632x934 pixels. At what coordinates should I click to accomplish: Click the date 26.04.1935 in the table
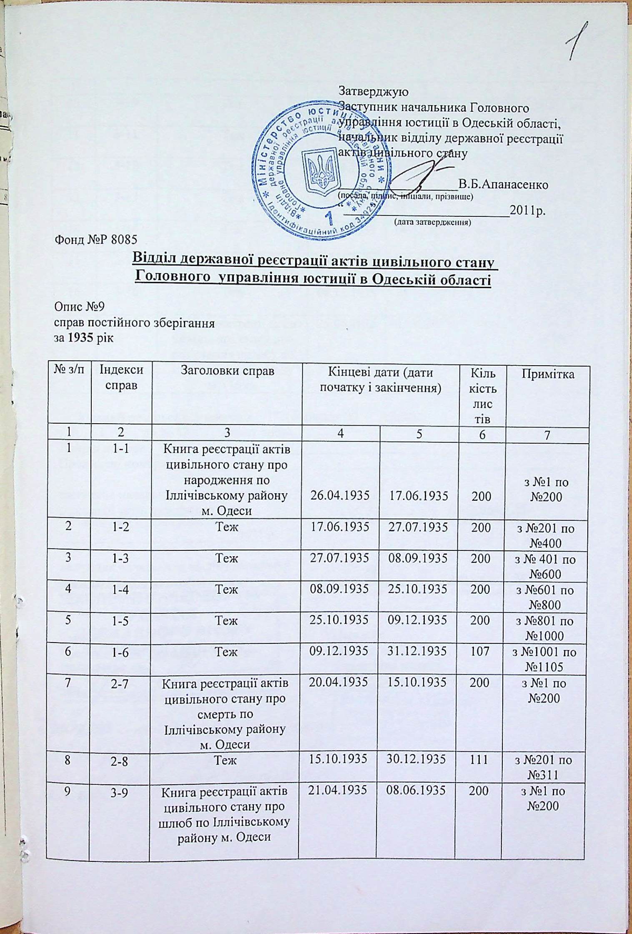340,497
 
